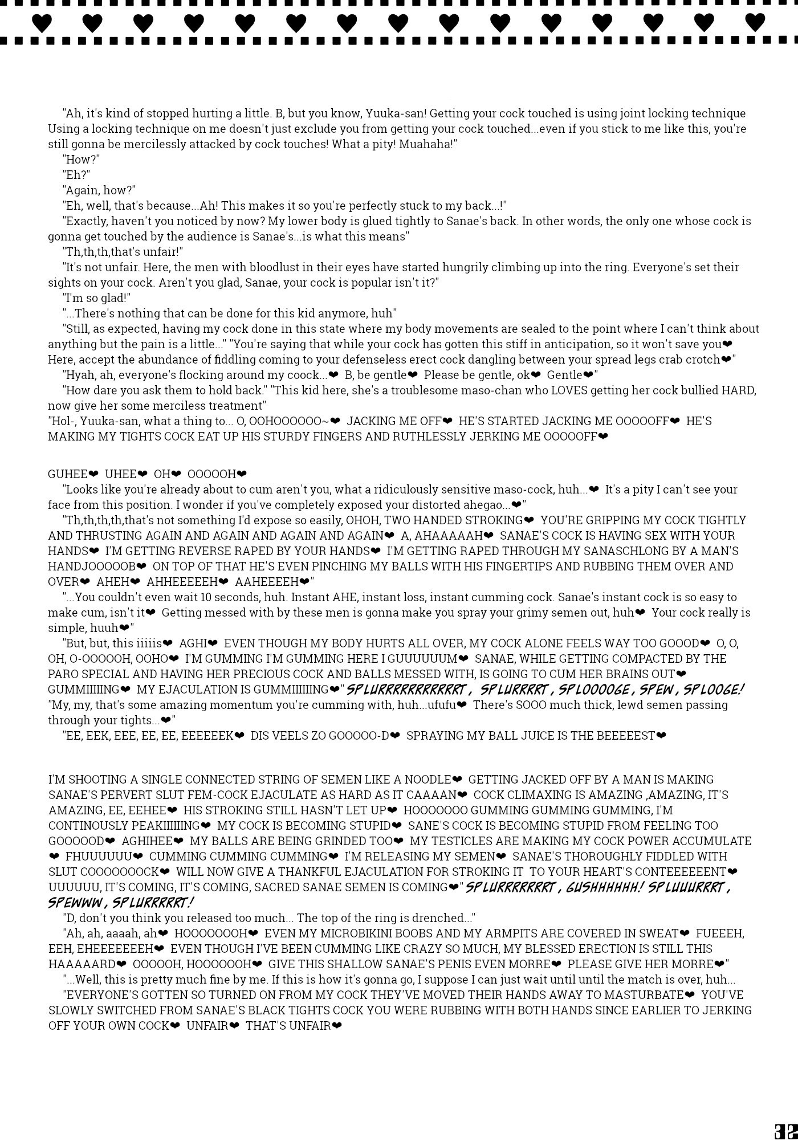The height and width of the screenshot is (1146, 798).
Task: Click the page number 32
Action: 785,1131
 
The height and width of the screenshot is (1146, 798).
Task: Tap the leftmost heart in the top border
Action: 42,23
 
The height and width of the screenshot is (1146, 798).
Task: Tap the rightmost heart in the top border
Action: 755,23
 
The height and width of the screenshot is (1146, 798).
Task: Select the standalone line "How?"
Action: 81,160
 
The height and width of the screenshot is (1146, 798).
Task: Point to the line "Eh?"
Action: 76,175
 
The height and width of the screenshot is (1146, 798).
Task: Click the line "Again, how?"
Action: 99,190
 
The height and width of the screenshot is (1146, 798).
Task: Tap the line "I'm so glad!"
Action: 97,298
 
